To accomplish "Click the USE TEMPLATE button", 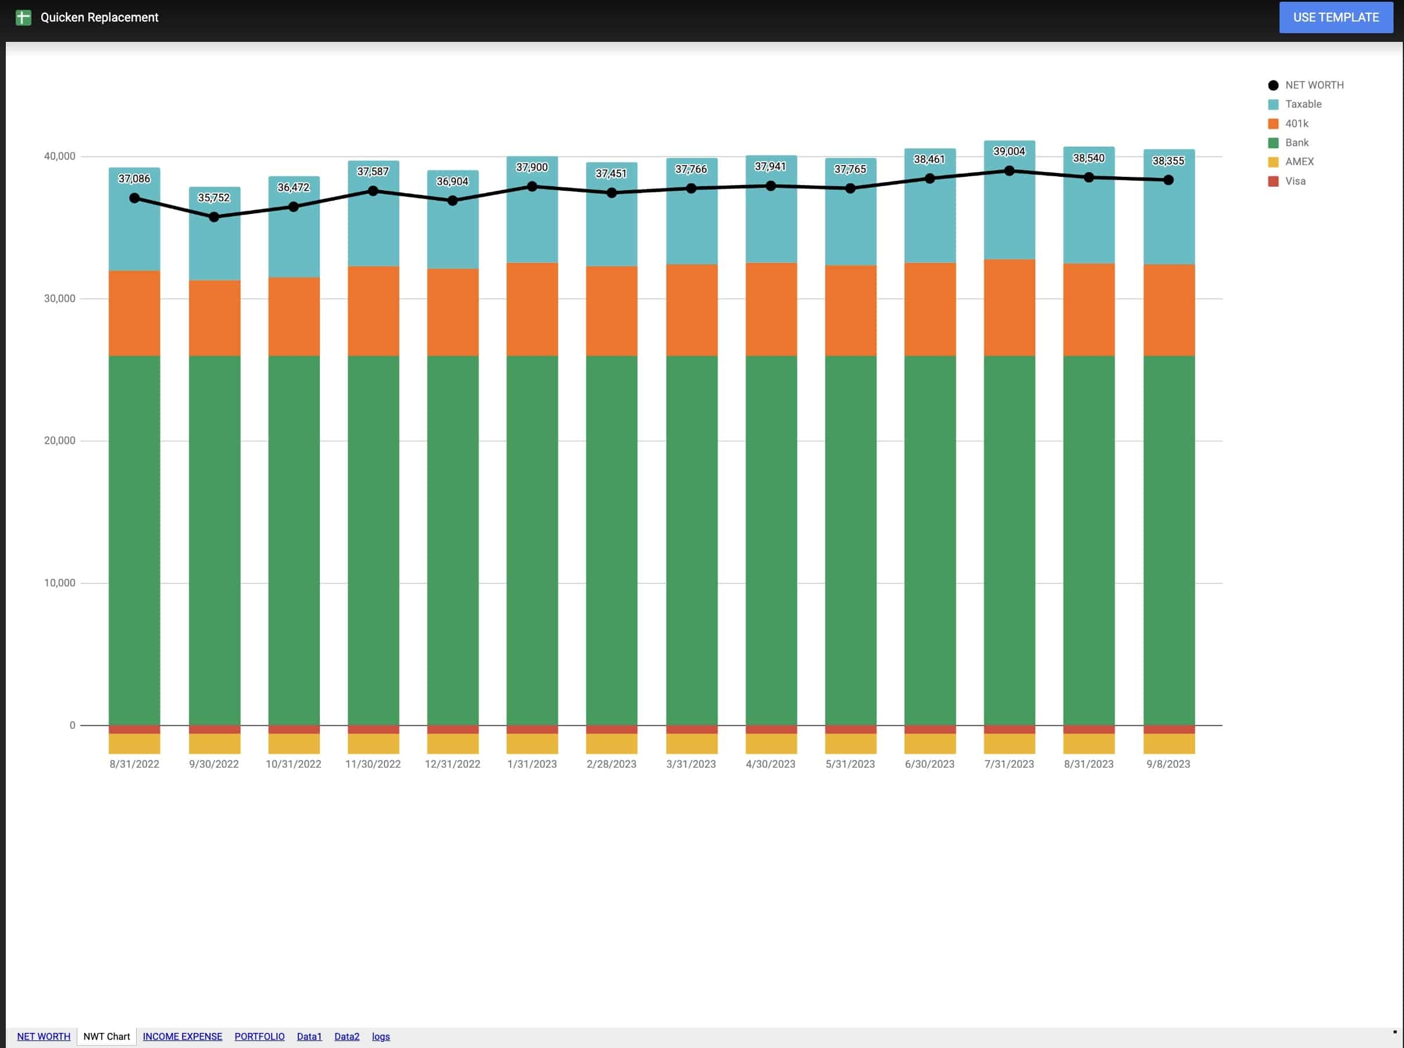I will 1335,17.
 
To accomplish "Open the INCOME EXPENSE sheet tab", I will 182,1036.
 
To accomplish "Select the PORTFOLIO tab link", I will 259,1036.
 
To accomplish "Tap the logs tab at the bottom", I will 380,1036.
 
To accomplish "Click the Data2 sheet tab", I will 347,1036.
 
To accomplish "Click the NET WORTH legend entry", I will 1314,85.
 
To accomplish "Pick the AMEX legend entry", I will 1299,162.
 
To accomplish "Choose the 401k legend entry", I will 1296,124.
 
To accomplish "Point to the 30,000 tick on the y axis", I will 60,298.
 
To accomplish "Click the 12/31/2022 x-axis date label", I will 452,764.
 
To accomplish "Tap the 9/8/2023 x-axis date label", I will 1168,764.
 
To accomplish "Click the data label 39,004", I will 1009,151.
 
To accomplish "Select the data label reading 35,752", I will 214,197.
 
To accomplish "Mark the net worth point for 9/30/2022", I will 214,217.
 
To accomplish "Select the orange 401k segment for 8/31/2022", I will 134,313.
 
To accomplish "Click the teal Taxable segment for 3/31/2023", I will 692,229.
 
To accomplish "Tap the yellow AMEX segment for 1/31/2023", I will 532,743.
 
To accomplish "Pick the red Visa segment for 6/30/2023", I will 929,729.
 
